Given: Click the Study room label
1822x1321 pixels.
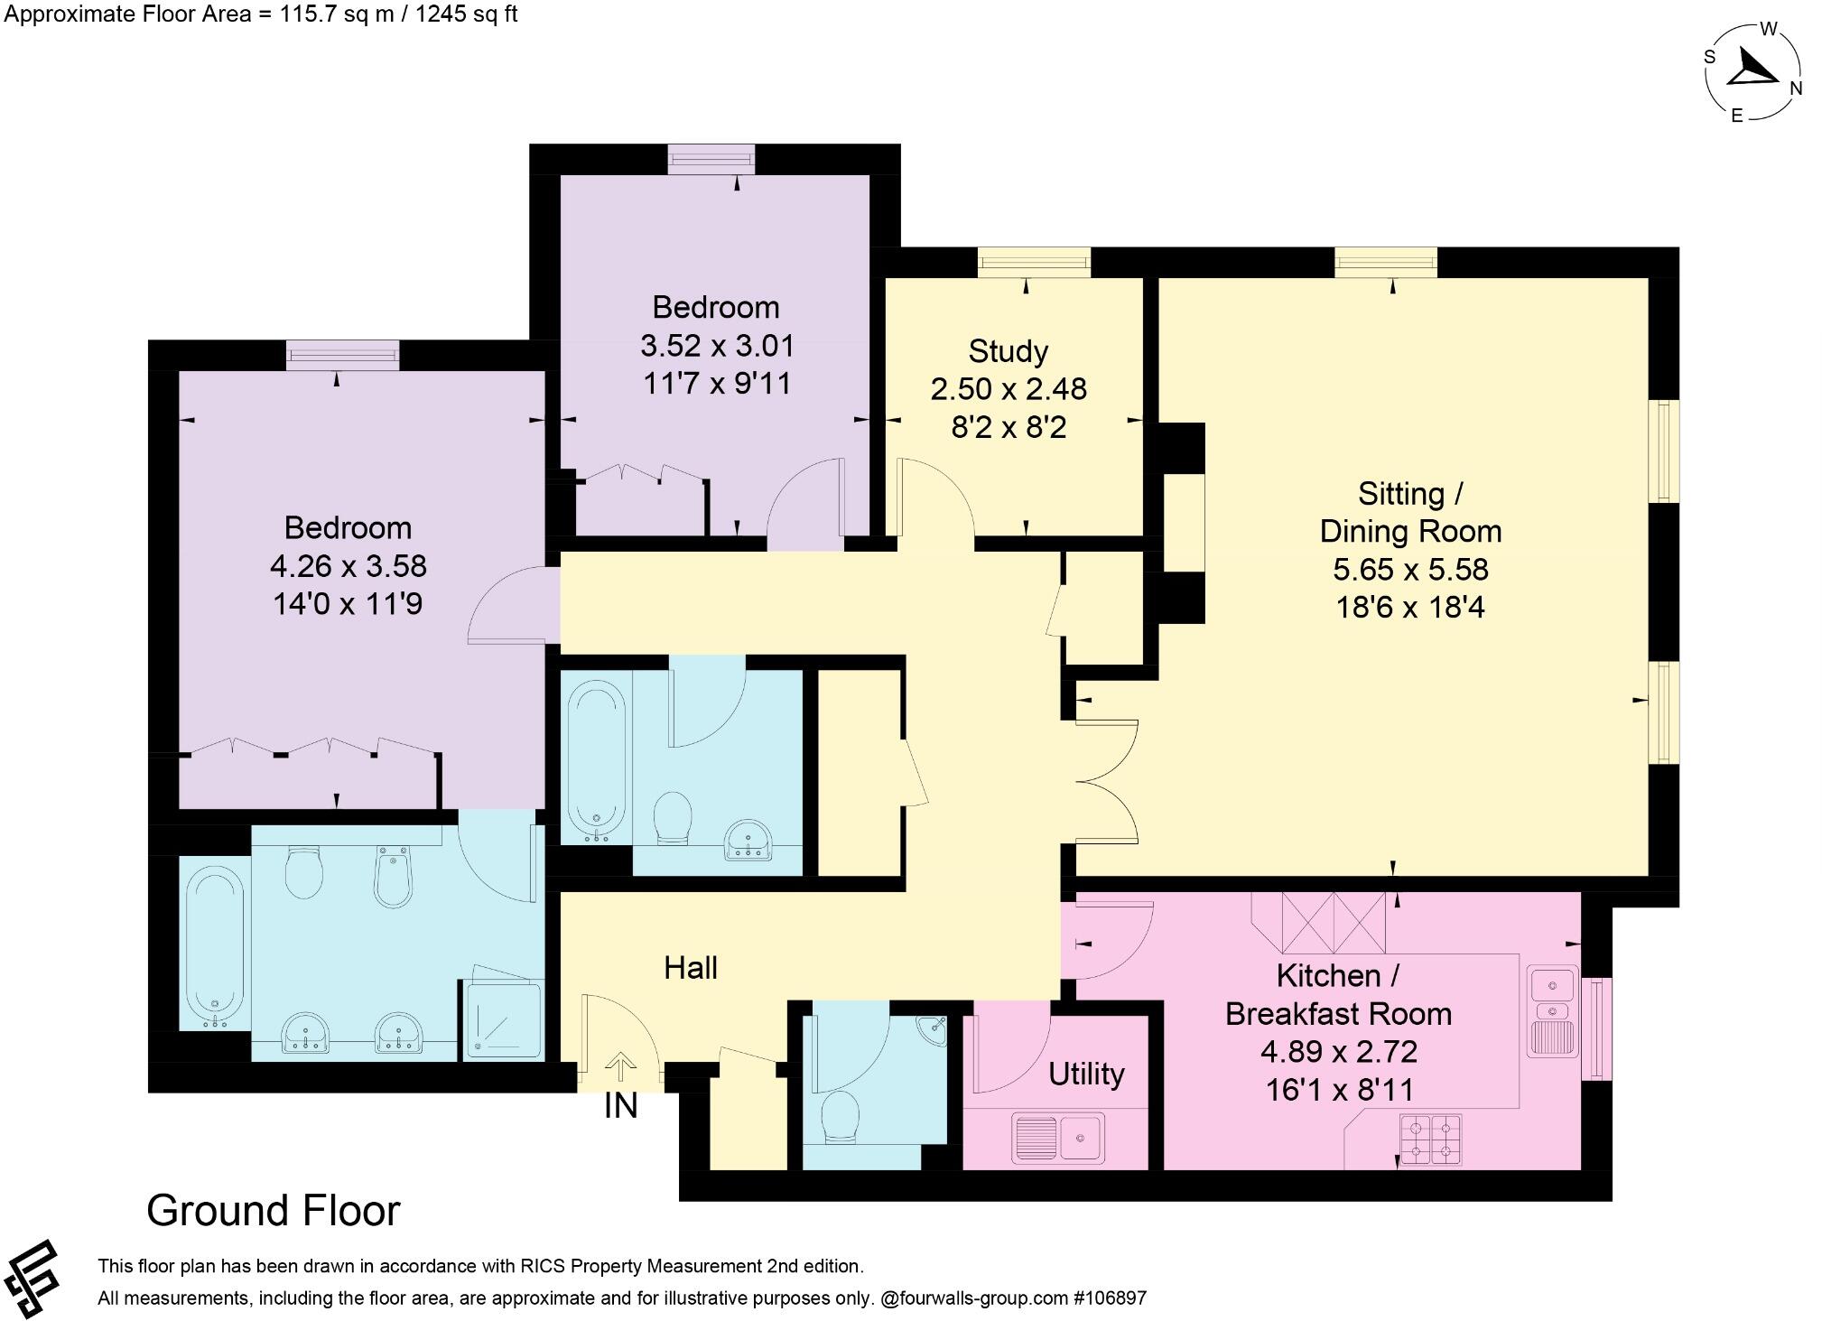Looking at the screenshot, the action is pos(1008,350).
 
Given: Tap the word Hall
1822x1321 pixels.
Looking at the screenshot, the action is pos(691,968).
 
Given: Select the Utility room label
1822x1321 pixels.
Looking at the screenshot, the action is pos(1086,1074).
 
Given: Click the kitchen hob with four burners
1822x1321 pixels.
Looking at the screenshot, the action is pos(1430,1140).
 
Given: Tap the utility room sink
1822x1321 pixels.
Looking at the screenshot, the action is pos(1058,1137).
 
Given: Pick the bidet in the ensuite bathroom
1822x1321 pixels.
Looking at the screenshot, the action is pos(394,874).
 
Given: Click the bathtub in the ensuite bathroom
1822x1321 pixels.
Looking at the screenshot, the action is pos(214,947).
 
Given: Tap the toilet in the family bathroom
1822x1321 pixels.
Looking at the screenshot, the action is pos(673,817).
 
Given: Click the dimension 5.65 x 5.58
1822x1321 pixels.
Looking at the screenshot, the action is pos(1410,569).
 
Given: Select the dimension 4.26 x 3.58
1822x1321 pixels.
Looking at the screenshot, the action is pos(349,565).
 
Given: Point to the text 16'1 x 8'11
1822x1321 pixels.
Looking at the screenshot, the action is pos(1339,1090).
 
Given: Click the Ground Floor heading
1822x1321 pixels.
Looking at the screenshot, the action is pos(273,1211).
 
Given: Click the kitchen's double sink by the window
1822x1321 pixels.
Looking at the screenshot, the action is pos(1552,1011).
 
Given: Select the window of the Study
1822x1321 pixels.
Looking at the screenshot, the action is pos(1034,262).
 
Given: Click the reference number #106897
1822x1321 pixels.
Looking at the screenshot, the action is pos(1110,1298).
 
